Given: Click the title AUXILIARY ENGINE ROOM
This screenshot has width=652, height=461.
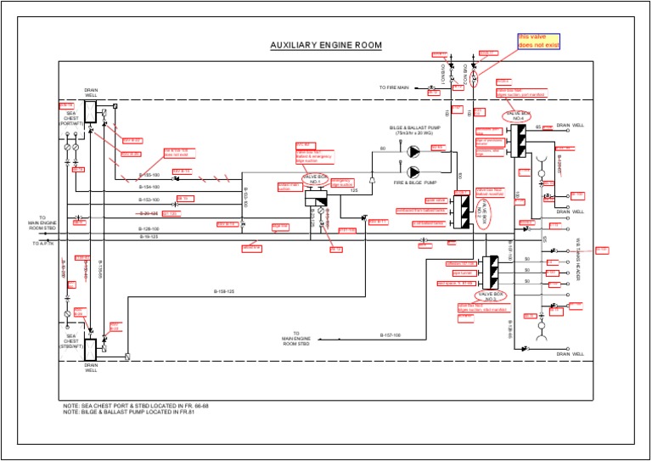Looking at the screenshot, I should pyautogui.click(x=326, y=45).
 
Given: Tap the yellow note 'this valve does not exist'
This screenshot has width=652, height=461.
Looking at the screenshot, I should pyautogui.click(x=540, y=42).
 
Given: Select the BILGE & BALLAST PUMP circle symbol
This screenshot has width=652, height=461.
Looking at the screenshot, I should pyautogui.click(x=413, y=151).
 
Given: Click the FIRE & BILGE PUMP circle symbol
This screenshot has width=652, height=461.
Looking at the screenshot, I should pyautogui.click(x=413, y=172).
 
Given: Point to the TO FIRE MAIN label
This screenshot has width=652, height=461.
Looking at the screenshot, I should pyautogui.click(x=394, y=87).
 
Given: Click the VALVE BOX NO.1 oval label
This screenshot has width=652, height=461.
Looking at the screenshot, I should pyautogui.click(x=314, y=179).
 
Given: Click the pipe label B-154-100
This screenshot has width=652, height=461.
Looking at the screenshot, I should pyautogui.click(x=149, y=186).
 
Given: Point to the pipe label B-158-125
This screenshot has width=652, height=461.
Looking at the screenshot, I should pyautogui.click(x=223, y=291).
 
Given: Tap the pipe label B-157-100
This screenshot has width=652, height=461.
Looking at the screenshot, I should pyautogui.click(x=390, y=335).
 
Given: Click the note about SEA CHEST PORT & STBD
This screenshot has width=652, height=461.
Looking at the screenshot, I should pyautogui.click(x=136, y=407).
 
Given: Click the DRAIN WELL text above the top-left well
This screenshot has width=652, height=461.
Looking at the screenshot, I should pyautogui.click(x=91, y=92).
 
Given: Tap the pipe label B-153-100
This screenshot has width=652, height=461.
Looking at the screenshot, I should pyautogui.click(x=149, y=200).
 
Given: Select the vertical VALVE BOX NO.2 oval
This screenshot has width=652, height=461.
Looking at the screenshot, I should pyautogui.click(x=490, y=297).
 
